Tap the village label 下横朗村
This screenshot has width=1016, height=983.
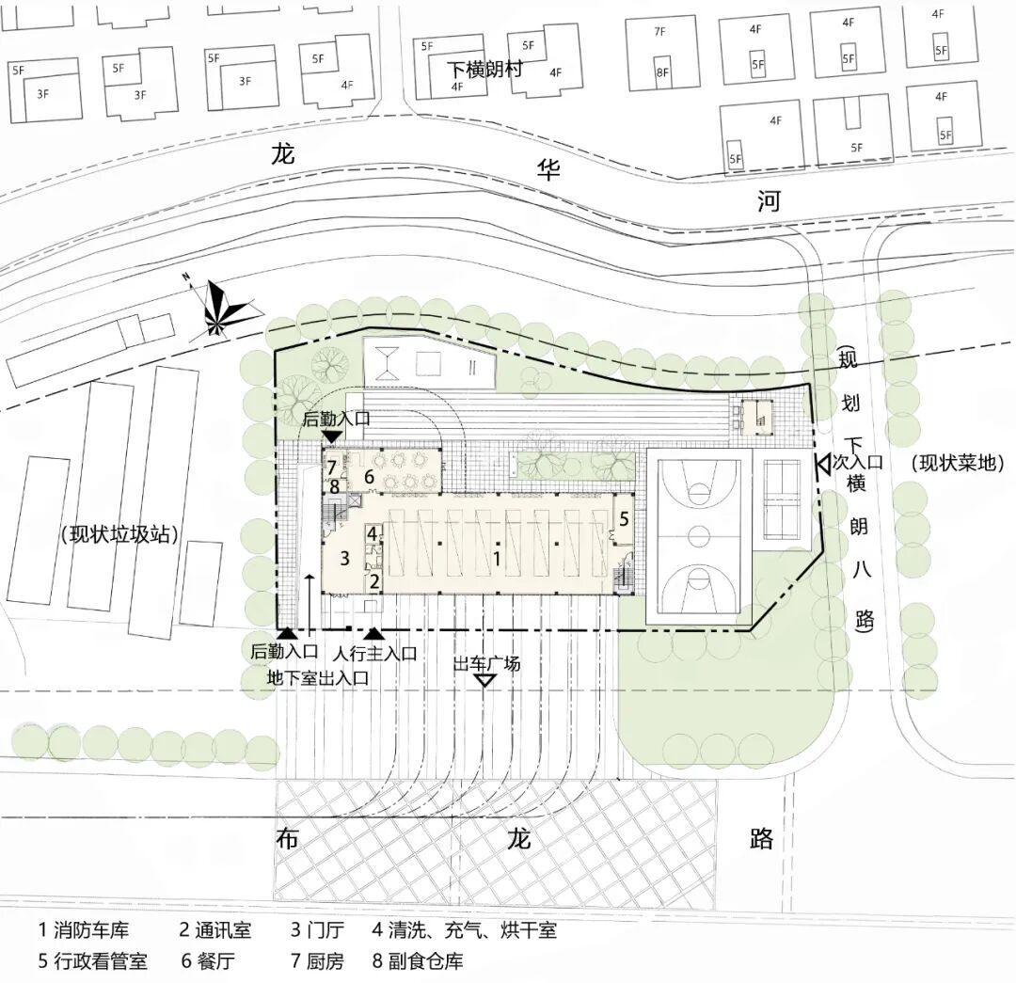[x=484, y=69]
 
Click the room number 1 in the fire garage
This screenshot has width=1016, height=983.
[x=497, y=558]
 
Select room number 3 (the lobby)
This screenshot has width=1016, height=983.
[x=344, y=558]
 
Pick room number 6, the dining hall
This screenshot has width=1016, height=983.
[x=369, y=478]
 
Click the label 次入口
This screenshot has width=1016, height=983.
[x=857, y=462]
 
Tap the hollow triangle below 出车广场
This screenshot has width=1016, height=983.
[x=485, y=680]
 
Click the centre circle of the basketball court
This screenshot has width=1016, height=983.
[x=698, y=535]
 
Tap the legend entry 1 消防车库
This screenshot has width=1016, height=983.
[x=84, y=931]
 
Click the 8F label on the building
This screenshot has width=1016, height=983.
[x=662, y=72]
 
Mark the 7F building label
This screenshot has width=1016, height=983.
[x=660, y=32]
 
